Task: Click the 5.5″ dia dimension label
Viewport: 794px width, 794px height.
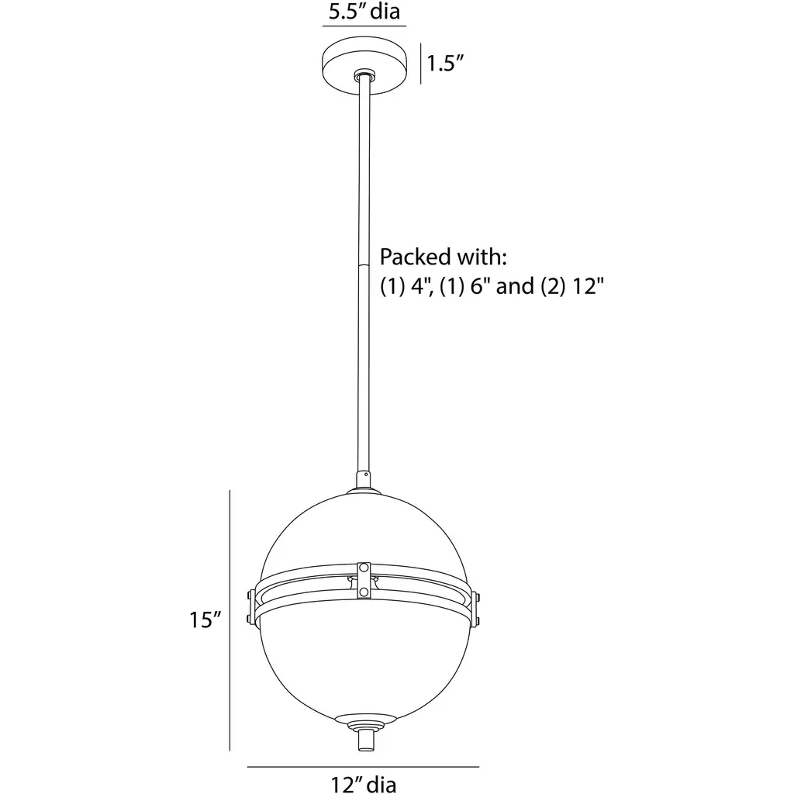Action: (x=364, y=11)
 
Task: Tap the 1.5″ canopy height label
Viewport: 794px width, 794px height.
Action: (x=445, y=64)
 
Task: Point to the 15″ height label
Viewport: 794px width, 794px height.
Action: (x=205, y=620)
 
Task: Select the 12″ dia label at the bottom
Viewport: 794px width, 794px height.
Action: (x=363, y=785)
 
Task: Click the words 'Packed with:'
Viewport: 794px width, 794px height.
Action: (x=443, y=257)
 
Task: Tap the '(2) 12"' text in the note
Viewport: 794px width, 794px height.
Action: (x=572, y=287)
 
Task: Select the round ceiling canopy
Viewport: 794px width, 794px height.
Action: (x=364, y=65)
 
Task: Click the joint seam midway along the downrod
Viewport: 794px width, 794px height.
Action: (x=363, y=264)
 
